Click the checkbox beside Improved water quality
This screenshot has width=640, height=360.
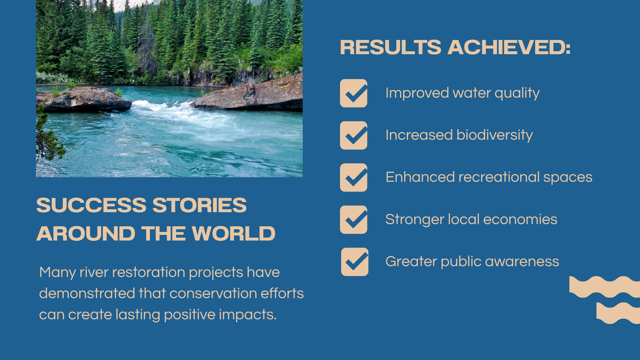click(354, 93)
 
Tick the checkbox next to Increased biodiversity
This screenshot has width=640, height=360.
click(354, 136)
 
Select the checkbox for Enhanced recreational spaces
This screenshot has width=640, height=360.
click(354, 178)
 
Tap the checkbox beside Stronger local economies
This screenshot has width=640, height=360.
click(354, 220)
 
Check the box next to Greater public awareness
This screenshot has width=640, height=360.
click(354, 262)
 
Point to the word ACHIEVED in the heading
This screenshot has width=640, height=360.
click(509, 47)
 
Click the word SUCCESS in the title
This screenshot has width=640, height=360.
click(91, 205)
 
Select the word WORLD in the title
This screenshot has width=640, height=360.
click(234, 234)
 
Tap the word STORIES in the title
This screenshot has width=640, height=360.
click(200, 205)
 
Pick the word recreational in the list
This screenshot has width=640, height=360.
click(498, 177)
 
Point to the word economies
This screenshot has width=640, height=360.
click(520, 220)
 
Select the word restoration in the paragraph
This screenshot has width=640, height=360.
click(148, 272)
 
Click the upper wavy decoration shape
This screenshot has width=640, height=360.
click(604, 287)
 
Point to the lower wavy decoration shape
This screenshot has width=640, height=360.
click(618, 313)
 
